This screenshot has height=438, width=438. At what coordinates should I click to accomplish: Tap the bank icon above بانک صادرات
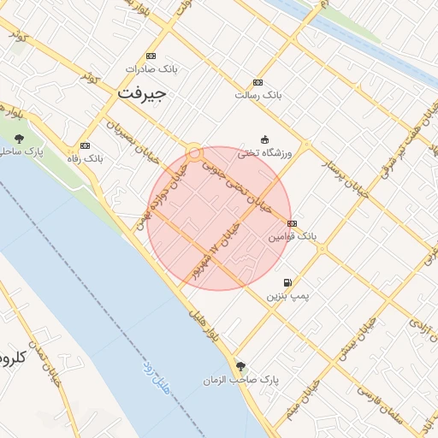pyautogui.click(x=151, y=56)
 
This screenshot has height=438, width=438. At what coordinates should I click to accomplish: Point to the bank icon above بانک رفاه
pyautogui.click(x=84, y=146)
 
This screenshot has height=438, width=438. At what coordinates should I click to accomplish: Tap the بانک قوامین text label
pyautogui.click(x=292, y=234)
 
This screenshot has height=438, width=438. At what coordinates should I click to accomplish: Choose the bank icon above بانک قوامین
pyautogui.click(x=293, y=222)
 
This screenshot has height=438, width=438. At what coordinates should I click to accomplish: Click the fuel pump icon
pyautogui.click(x=287, y=283)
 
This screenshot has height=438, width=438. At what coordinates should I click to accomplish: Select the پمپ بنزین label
pyautogui.click(x=287, y=295)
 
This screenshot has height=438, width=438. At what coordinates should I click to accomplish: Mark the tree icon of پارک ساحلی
pyautogui.click(x=20, y=138)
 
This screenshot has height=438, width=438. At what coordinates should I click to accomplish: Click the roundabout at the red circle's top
pyautogui.click(x=195, y=152)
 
